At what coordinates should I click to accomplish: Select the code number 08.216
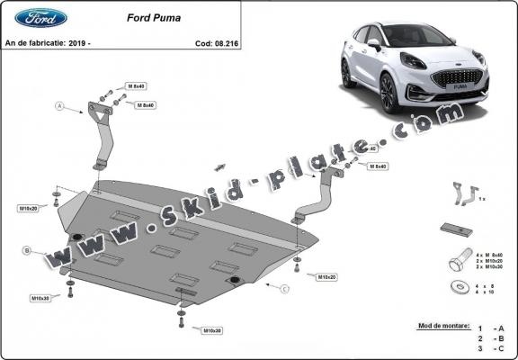(210, 42)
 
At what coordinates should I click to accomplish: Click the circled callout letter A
(61, 106)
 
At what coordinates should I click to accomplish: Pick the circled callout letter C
(284, 288)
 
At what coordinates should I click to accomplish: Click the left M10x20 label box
(29, 208)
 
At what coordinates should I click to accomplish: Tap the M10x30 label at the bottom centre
(212, 330)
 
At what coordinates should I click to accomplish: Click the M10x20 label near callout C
(327, 278)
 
